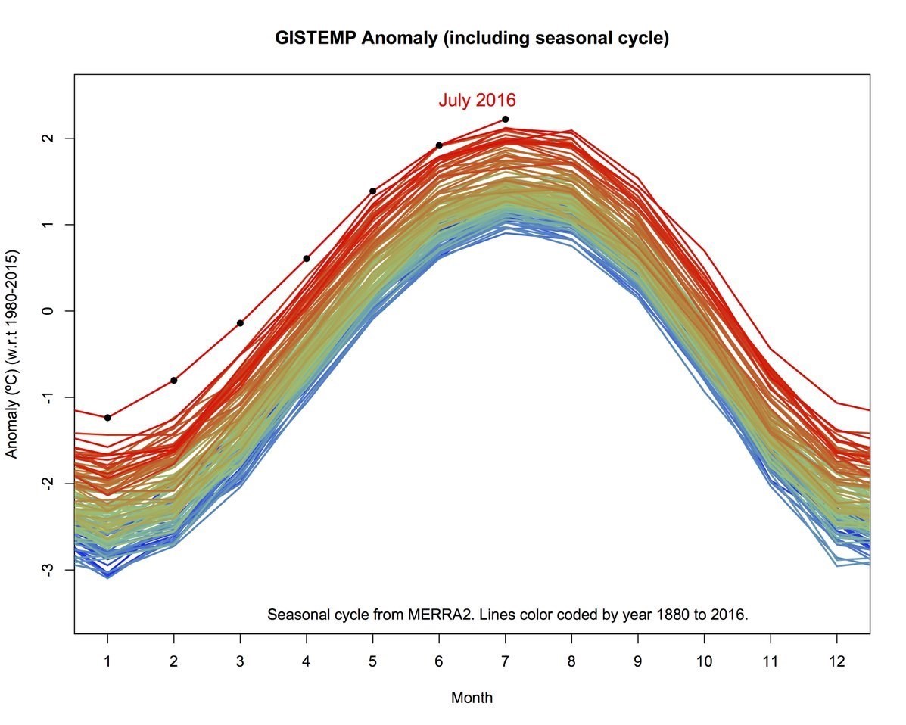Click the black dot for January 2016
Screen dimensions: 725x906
tap(107, 418)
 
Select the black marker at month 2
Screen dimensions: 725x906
tap(174, 380)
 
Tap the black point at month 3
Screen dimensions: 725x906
tap(240, 323)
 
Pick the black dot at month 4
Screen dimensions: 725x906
tap(307, 259)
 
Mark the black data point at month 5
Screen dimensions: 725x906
tap(372, 191)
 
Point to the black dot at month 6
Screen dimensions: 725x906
tap(439, 145)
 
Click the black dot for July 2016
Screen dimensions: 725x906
tap(505, 119)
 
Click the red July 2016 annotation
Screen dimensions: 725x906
tap(477, 100)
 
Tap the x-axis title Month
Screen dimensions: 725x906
tap(472, 698)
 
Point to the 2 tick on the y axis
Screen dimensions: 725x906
tap(49, 138)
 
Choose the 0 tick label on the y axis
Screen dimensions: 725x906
tap(49, 311)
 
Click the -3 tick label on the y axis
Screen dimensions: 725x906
tap(49, 569)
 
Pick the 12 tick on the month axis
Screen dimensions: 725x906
tap(836, 661)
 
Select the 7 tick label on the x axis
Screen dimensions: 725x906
tap(505, 661)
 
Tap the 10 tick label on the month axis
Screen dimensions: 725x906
tap(704, 661)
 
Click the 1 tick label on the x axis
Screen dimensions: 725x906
tap(107, 661)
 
